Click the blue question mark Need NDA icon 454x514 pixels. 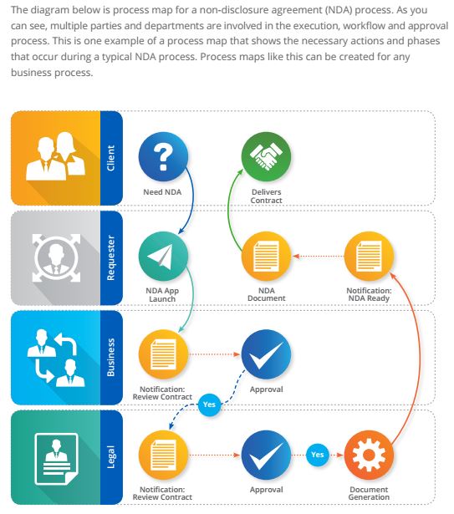click(163, 156)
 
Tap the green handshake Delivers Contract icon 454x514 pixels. click(266, 156)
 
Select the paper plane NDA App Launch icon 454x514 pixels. click(163, 256)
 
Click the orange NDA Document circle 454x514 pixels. click(266, 256)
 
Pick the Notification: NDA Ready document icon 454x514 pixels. click(369, 256)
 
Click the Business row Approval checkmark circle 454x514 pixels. click(266, 354)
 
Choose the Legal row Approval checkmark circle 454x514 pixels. click(266, 455)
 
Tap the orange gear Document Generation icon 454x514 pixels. click(369, 455)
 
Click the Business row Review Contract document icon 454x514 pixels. click(163, 354)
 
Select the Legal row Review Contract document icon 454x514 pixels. click(163, 455)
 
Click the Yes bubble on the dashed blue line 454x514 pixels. click(209, 405)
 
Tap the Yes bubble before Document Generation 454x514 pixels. click(318, 455)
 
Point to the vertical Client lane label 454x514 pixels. click(111, 158)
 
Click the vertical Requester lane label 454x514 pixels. click(111, 257)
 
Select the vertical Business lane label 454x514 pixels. click(111, 358)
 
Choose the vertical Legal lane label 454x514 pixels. click(111, 456)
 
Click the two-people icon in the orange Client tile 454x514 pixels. click(56, 156)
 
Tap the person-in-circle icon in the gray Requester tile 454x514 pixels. click(56, 257)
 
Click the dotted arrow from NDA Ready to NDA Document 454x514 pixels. click(318, 256)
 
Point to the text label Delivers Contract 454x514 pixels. click(266, 196)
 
